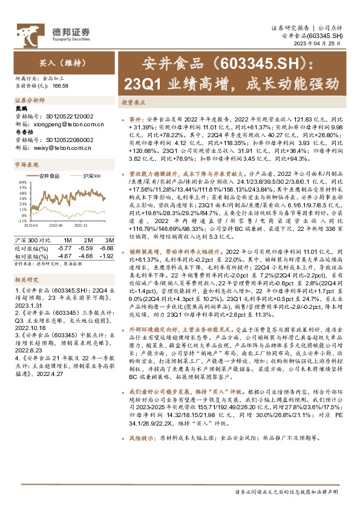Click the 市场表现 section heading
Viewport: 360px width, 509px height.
tap(26, 164)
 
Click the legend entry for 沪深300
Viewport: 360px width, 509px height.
tap(91, 176)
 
